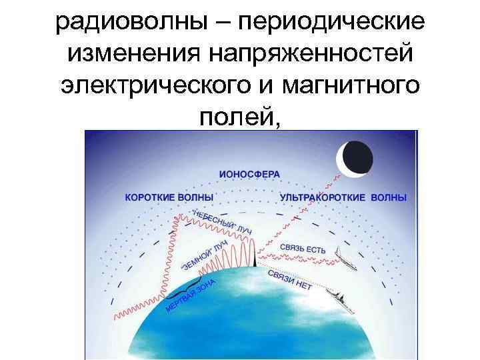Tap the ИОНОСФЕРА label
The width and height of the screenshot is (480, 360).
click(249, 174)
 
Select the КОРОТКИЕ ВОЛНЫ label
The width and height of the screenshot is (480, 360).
click(169, 197)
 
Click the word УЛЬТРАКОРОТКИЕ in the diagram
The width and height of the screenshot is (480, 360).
click(323, 197)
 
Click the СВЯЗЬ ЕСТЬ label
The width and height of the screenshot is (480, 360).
click(303, 249)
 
